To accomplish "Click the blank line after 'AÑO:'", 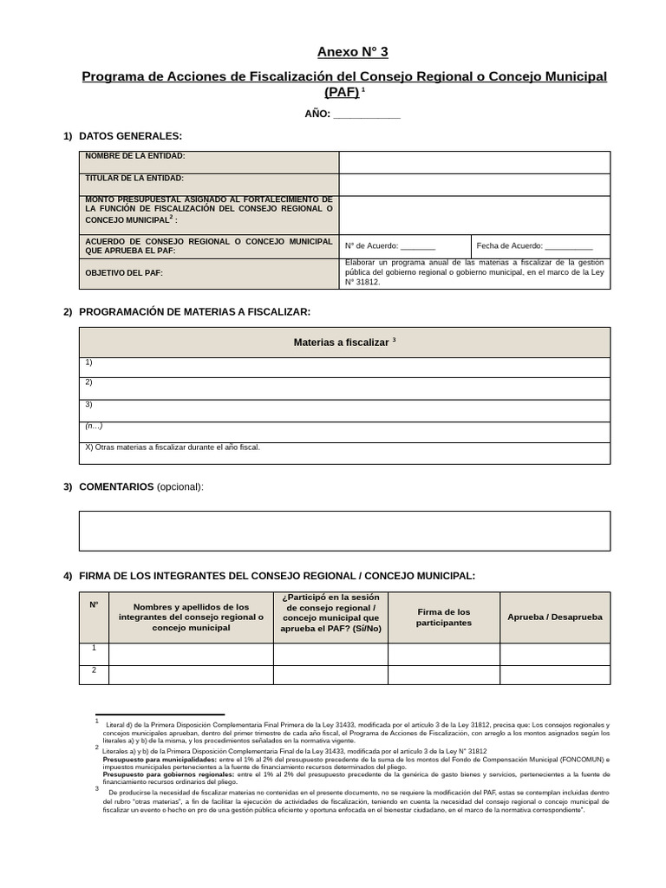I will coord(367,114).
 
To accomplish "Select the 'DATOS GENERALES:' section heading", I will coord(130,136).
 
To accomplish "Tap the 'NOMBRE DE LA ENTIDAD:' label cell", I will coord(208,162).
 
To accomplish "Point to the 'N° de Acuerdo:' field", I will coord(404,246).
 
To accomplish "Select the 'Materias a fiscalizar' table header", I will coord(344,343).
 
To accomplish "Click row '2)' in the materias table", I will coord(344,388).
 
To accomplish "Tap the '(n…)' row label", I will coord(94,426).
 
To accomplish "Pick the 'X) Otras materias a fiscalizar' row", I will coord(173,447).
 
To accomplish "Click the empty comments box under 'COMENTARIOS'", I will coord(344,531).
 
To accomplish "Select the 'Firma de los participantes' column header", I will coord(443,617).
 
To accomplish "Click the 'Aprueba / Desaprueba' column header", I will coord(554,617).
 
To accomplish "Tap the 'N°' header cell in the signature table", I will coord(94,604).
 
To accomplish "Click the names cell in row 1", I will coord(191,654).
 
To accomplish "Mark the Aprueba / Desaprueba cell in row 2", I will coord(554,675).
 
